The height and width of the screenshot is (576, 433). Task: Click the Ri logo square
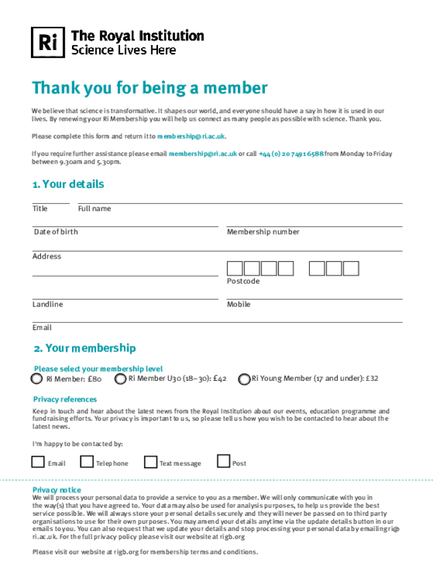pos(48,42)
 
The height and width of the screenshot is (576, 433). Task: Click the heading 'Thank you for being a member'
pos(150,88)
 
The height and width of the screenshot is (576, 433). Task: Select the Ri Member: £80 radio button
pos(37,379)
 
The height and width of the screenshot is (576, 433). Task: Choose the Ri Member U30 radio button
pos(120,379)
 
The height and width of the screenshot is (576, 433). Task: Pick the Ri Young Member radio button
pos(244,379)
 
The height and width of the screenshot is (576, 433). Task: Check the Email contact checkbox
pos(38,462)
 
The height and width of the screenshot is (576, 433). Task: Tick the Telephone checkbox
pos(87,462)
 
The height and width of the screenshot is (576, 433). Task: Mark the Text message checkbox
pos(150,462)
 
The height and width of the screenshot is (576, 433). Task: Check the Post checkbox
pos(224,461)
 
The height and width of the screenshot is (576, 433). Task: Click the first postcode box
pos(235,268)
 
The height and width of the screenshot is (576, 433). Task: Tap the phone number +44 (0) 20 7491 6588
pos(291,154)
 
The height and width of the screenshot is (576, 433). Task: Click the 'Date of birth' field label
pos(56,232)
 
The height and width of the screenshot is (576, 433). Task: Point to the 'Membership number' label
pos(263,232)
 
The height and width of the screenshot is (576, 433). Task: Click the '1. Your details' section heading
pos(68,184)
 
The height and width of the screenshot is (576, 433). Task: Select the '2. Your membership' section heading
pos(84,348)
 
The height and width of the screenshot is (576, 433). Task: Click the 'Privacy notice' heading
pos(57,490)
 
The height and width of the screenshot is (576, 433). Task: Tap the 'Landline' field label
pos(48,304)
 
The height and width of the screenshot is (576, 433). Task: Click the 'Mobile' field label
pos(239,304)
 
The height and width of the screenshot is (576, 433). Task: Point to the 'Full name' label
pos(94,209)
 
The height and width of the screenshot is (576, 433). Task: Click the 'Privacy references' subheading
pos(65,399)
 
